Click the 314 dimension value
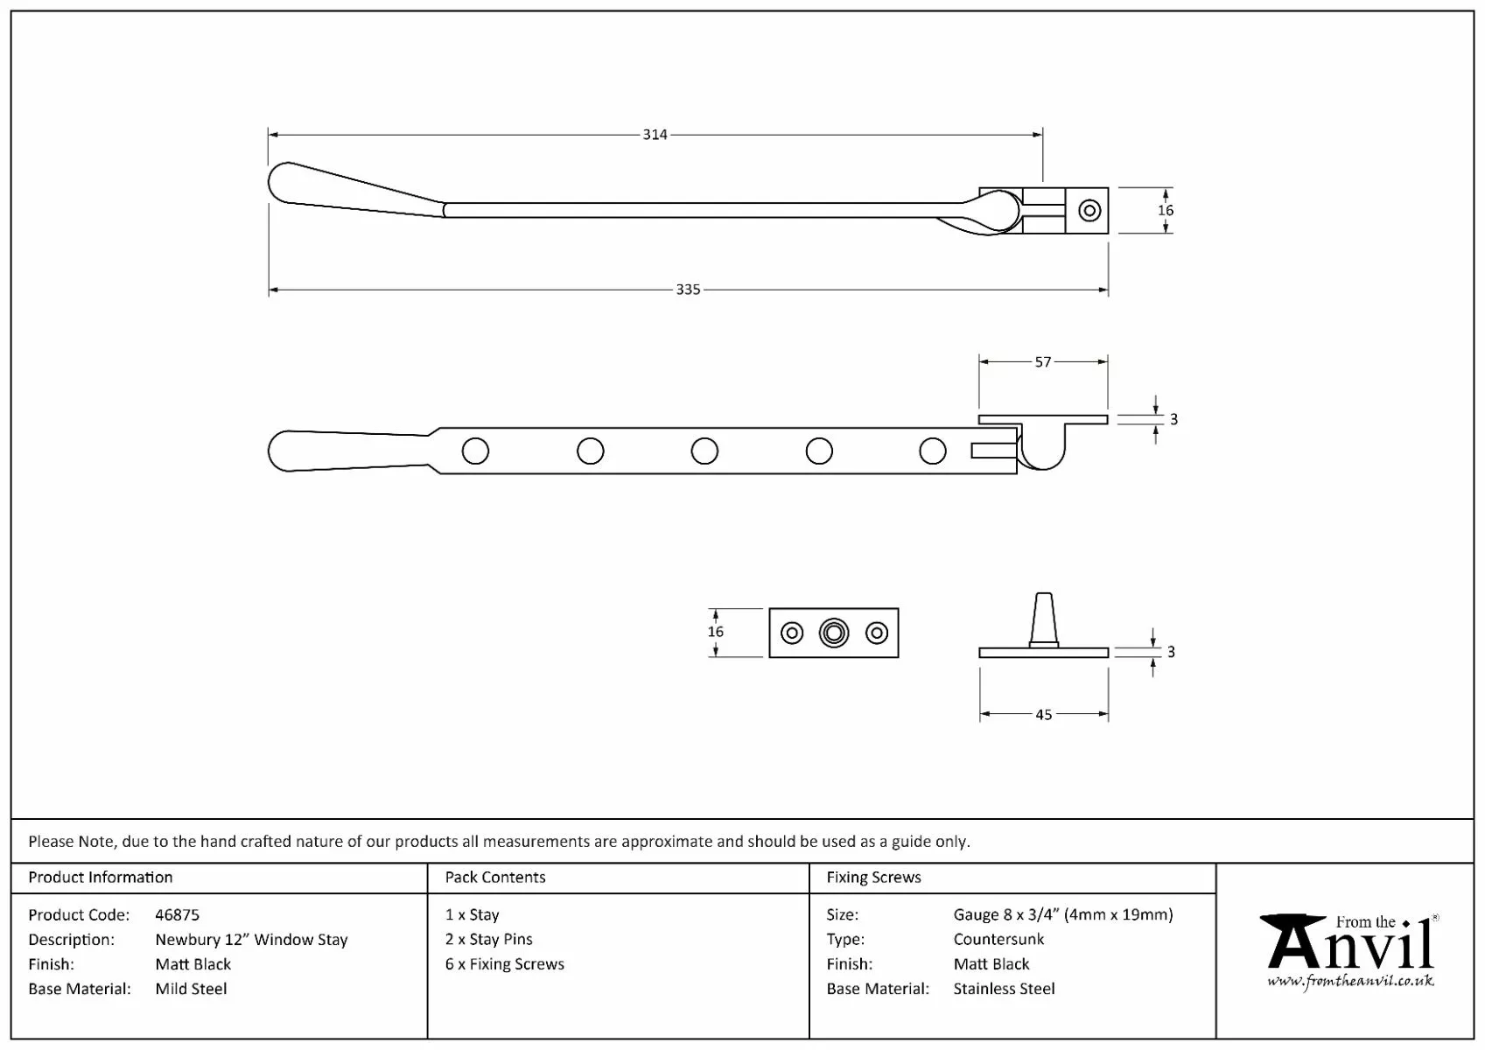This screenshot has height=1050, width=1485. (x=655, y=135)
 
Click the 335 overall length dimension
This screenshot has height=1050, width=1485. (x=688, y=290)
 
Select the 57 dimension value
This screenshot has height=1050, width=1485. (x=1043, y=362)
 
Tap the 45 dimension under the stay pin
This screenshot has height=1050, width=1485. (x=1043, y=715)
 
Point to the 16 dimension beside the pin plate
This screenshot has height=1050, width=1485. (x=716, y=632)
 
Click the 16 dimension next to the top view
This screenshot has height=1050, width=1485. (x=1166, y=210)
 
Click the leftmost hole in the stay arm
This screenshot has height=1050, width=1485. (x=475, y=451)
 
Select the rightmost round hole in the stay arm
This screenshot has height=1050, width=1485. (x=933, y=451)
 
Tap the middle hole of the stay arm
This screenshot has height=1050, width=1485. (x=704, y=451)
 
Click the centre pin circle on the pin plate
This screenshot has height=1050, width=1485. (x=834, y=633)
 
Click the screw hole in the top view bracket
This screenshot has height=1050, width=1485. (x=1089, y=210)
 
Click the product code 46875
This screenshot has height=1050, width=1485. (x=177, y=915)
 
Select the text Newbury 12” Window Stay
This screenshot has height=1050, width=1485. (x=251, y=940)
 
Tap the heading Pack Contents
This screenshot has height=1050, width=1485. (x=495, y=878)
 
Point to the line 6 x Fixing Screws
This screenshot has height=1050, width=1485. (x=505, y=964)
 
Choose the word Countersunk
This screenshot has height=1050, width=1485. (x=998, y=940)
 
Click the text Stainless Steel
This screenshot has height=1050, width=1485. (x=1004, y=989)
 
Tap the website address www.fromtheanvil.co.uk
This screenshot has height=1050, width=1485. (x=1350, y=981)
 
